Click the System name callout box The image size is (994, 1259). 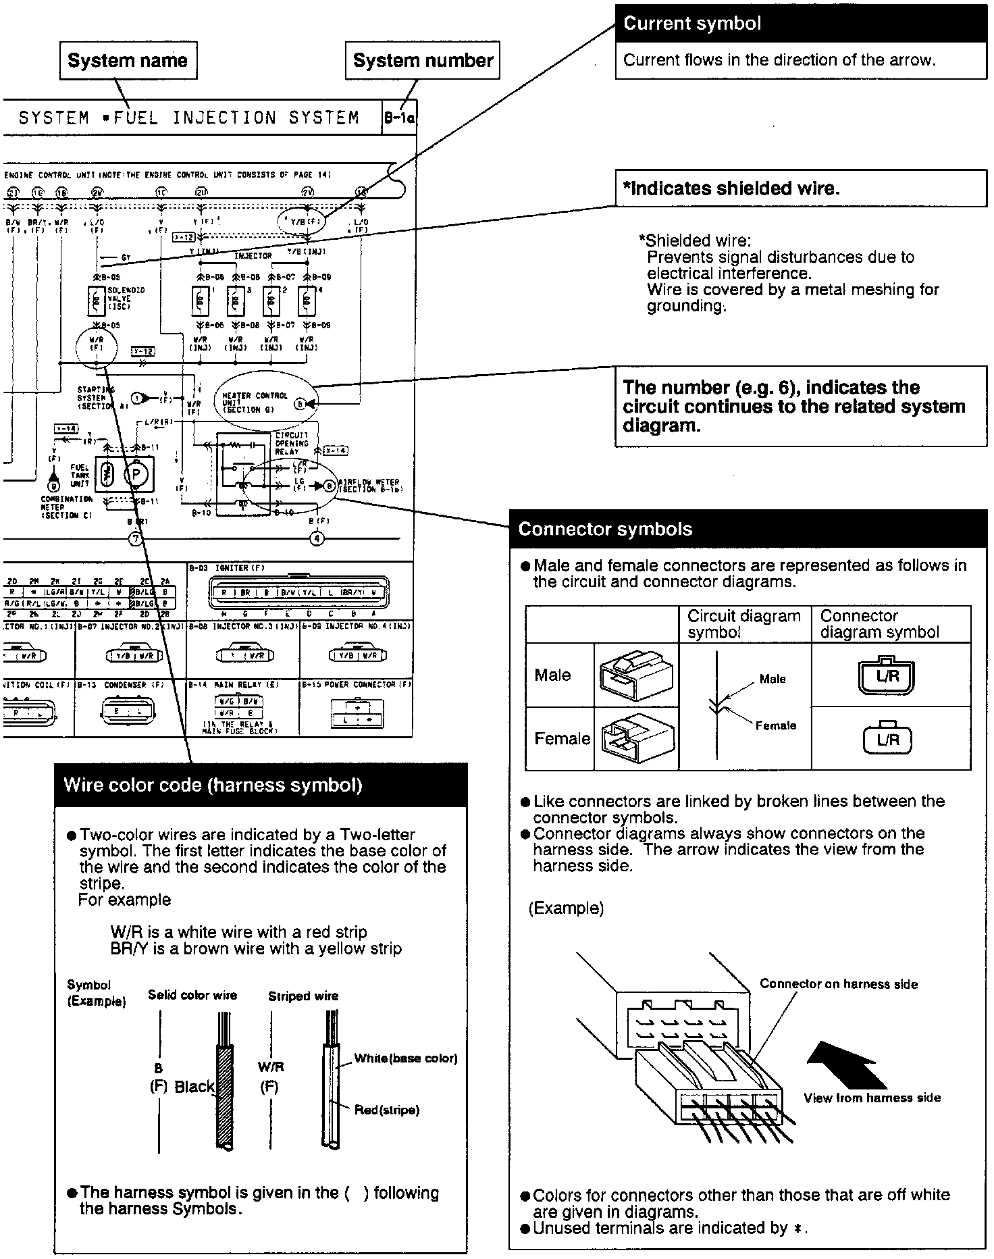[128, 61]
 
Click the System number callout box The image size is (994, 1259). [423, 61]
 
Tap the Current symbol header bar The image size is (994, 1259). [801, 24]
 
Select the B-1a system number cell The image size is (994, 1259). [399, 118]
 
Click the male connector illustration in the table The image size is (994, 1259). [635, 675]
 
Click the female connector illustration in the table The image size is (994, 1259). [636, 738]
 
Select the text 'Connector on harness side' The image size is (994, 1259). [839, 984]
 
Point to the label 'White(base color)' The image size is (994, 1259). [406, 1058]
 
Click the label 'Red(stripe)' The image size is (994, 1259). [387, 1110]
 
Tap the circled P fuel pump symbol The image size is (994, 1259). [136, 474]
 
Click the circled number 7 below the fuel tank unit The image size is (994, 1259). [136, 538]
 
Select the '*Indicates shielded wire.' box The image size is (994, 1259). [801, 188]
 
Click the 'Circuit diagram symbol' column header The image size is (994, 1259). [743, 624]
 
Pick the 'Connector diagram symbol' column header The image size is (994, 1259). [879, 624]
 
